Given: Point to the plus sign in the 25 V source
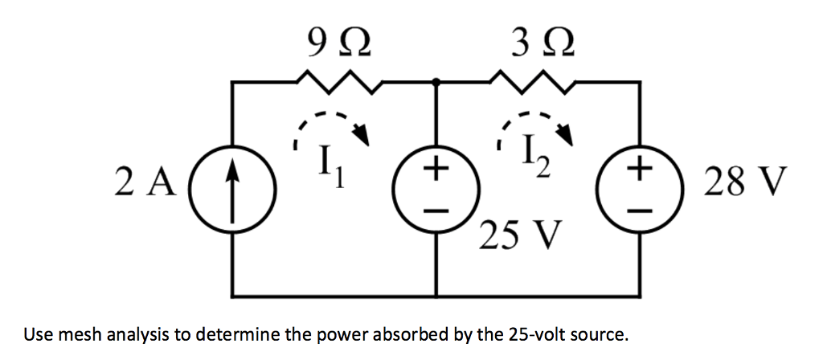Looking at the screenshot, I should point(436,170).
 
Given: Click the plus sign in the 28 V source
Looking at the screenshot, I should point(640,170).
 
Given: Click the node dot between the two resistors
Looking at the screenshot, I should point(436,81).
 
